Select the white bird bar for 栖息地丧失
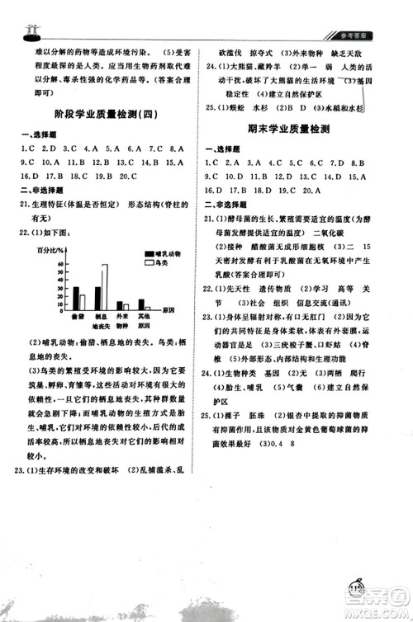coord(104,287)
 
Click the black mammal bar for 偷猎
coord(75,298)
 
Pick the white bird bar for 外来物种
coord(126,306)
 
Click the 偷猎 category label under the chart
coord(78,317)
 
